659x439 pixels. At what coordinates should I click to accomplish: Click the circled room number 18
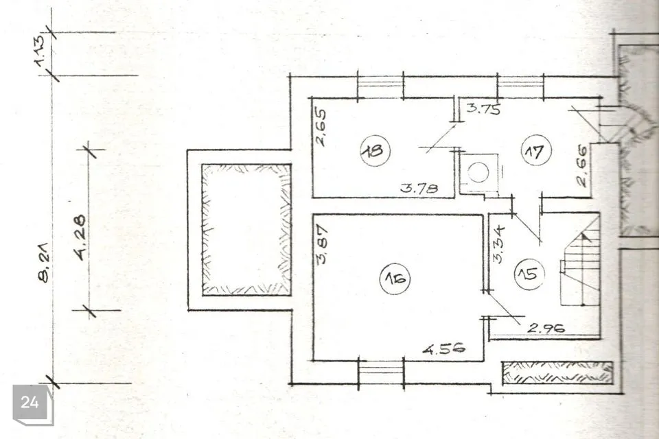(x=375, y=151)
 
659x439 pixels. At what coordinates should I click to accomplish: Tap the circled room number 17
(x=536, y=151)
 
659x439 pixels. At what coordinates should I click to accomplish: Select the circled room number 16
(x=395, y=278)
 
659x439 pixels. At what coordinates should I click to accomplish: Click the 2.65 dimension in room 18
(x=321, y=128)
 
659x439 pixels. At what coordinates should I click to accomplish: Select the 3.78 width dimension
(x=419, y=187)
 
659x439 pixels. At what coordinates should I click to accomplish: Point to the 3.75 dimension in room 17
(x=484, y=109)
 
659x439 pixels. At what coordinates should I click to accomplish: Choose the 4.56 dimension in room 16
(x=444, y=348)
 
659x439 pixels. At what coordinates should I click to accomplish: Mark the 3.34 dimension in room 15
(x=499, y=245)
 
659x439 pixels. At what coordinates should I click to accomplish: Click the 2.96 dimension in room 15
(x=546, y=327)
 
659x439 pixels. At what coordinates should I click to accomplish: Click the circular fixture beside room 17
(x=478, y=172)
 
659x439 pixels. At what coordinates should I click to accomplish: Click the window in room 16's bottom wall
(x=381, y=370)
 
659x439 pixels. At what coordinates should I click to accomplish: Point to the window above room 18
(x=380, y=86)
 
